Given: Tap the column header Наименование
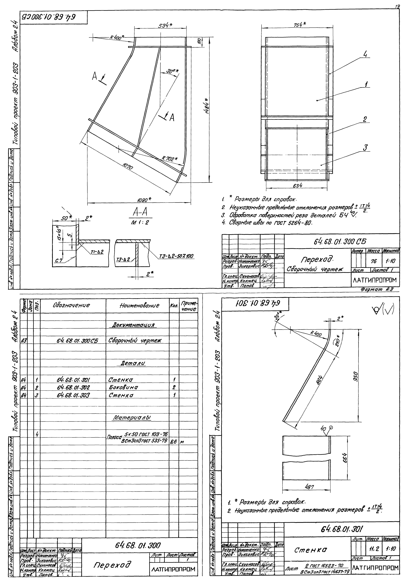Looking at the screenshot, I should coord(137,305).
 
